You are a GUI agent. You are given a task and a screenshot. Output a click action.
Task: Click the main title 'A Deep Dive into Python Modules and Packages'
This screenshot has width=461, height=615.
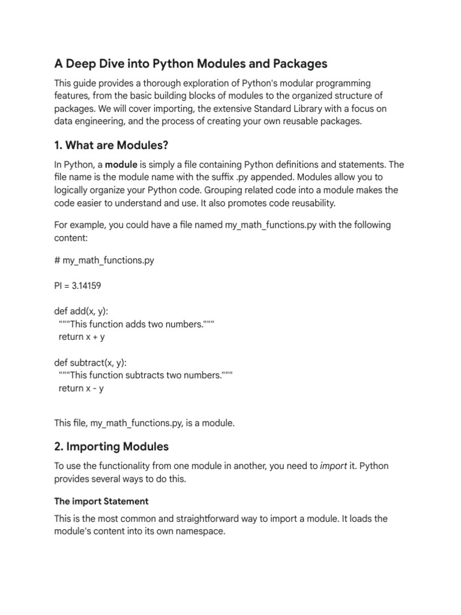click(191, 64)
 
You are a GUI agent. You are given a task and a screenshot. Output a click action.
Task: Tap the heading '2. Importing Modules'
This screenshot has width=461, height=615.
click(112, 446)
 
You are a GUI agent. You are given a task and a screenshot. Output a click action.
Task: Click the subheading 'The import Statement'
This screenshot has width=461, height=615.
click(101, 501)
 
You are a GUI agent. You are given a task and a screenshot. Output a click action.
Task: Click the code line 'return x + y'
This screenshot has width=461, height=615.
click(82, 337)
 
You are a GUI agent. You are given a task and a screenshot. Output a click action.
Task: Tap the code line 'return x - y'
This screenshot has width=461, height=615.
click(81, 388)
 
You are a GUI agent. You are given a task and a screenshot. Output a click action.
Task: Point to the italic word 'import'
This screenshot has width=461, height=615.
click(333, 466)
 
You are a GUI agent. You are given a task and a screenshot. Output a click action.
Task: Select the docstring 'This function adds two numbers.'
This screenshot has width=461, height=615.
click(136, 324)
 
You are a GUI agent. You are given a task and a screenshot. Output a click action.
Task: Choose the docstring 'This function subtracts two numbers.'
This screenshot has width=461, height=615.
click(146, 375)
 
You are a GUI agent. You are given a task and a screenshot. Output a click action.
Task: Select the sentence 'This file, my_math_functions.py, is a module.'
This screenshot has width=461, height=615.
click(145, 423)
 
